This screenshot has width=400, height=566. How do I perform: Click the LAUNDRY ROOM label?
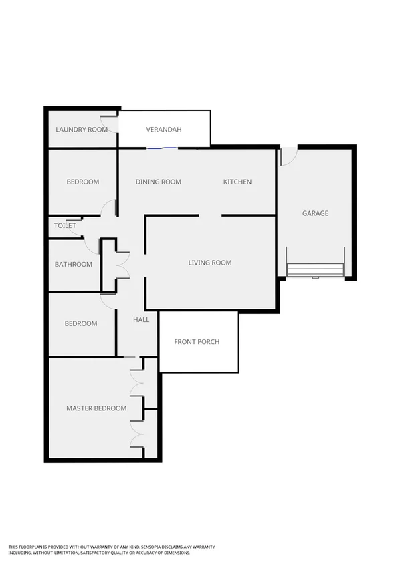coord(82,130)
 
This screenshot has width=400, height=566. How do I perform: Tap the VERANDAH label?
coord(164,130)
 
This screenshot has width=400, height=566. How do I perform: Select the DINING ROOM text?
coord(159,182)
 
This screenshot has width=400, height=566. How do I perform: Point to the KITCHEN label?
coord(237,182)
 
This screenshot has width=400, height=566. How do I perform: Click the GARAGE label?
coord(315,213)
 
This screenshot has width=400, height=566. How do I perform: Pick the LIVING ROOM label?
coord(210,263)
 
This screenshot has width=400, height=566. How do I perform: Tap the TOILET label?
coord(65,225)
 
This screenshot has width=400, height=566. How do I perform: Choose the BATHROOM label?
coord(74,265)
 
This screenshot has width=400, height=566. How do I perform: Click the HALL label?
coord(141,320)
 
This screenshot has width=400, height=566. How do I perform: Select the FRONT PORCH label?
coord(197,342)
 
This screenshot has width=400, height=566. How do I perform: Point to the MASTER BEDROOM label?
coord(96,408)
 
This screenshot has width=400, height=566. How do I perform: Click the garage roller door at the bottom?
coord(315,269)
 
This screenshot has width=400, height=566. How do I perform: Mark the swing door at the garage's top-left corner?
coord(288,156)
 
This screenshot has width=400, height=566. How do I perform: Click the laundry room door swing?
coord(114,124)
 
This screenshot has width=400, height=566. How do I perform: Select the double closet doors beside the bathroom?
coord(122,263)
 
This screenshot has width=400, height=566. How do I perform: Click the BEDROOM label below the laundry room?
coord(83,182)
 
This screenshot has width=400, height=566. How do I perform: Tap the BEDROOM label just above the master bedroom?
coord(81,324)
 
